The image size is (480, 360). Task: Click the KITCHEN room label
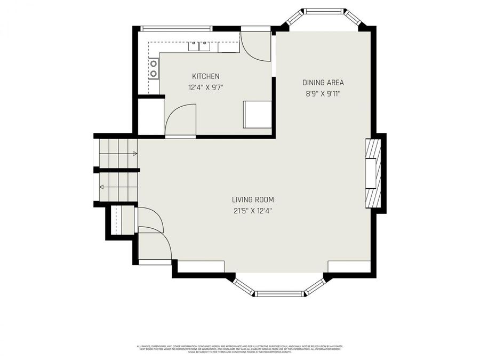pyautogui.click(x=205, y=76)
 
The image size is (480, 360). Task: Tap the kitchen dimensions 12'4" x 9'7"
pyautogui.click(x=205, y=87)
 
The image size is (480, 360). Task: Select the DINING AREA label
pyautogui.click(x=323, y=82)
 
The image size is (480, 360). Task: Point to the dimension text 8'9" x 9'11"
pyautogui.click(x=323, y=93)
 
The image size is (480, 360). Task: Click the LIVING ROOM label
pyautogui.click(x=253, y=199)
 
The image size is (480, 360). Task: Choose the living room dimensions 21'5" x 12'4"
pyautogui.click(x=253, y=211)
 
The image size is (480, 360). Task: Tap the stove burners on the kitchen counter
pyautogui.click(x=154, y=68)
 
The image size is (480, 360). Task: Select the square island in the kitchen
pyautogui.click(x=258, y=114)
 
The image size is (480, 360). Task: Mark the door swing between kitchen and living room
pyautogui.click(x=180, y=121)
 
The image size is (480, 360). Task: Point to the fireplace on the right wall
pyautogui.click(x=373, y=172)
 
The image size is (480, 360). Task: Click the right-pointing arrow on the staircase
pyautogui.click(x=134, y=154)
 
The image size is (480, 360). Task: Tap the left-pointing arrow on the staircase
pyautogui.click(x=101, y=187)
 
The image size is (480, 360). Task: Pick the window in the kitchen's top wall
pyautogui.click(x=176, y=28)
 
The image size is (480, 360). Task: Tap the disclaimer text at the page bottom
pyautogui.click(x=240, y=349)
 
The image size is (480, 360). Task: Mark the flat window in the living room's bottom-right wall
pyautogui.click(x=349, y=266)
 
